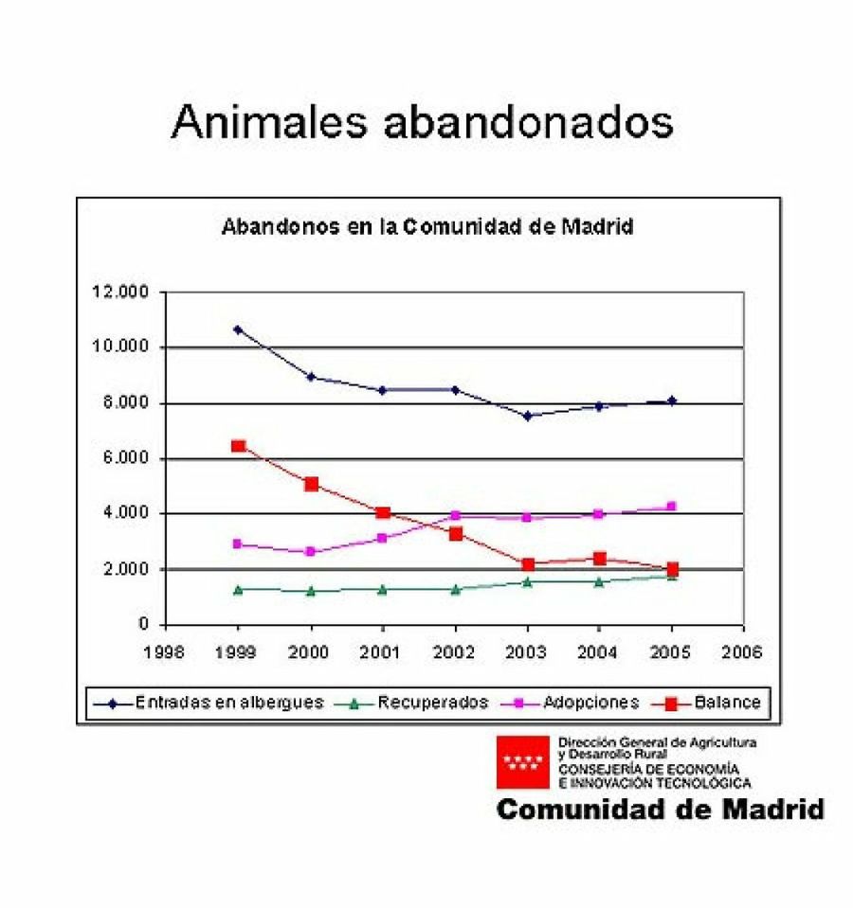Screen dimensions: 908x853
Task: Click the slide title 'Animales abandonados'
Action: click(x=422, y=122)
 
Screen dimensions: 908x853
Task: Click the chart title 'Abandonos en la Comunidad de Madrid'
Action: click(x=426, y=227)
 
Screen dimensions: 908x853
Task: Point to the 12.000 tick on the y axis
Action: click(x=120, y=292)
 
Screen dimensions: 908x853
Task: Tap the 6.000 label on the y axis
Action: click(x=124, y=458)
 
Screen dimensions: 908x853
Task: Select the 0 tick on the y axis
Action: click(x=144, y=625)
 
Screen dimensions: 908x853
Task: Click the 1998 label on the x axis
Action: click(x=165, y=652)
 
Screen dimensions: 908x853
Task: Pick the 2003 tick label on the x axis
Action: click(x=527, y=652)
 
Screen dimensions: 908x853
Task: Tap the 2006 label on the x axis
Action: click(x=744, y=652)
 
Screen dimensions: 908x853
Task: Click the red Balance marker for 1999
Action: click(x=238, y=446)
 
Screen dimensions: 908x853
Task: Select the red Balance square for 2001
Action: click(x=383, y=512)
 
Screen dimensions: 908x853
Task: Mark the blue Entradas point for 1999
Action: click(x=238, y=329)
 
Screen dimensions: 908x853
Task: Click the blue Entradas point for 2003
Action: click(x=527, y=415)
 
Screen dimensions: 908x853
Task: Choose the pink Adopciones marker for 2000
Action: click(x=311, y=551)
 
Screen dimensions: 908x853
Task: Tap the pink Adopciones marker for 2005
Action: click(x=672, y=507)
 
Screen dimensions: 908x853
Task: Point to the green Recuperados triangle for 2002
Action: click(x=455, y=589)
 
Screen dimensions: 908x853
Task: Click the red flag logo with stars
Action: click(x=523, y=761)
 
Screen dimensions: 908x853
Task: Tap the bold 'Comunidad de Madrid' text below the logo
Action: click(x=660, y=810)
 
